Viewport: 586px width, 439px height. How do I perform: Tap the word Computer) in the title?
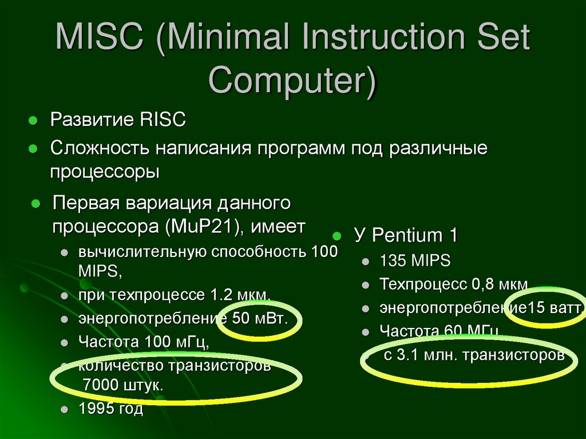click(x=292, y=80)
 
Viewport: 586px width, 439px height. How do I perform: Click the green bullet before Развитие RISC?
click(x=33, y=121)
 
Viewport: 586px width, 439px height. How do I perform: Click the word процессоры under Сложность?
click(x=104, y=171)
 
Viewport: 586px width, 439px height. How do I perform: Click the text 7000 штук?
click(x=123, y=385)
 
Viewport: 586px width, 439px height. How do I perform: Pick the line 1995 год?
click(x=111, y=409)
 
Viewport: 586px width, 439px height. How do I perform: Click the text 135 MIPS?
click(x=415, y=262)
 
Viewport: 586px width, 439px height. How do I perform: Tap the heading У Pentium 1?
click(x=406, y=235)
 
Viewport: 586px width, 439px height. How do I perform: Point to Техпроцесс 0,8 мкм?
click(x=454, y=284)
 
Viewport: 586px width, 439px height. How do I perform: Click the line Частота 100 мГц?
click(x=143, y=342)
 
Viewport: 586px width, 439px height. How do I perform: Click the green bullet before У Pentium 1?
click(x=337, y=235)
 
